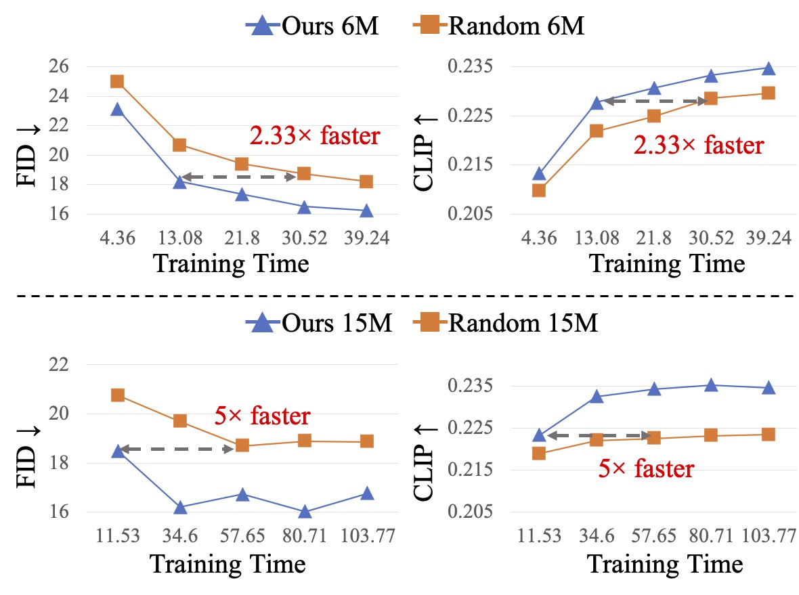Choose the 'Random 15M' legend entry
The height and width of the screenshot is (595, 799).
point(505,324)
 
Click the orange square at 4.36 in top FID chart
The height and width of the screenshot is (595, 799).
point(117,82)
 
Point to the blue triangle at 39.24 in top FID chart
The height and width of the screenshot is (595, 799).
point(366,211)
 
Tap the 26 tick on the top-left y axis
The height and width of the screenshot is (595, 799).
point(60,67)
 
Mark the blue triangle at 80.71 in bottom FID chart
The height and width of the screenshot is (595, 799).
point(304,512)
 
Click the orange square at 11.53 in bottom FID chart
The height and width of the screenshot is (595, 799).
point(118,395)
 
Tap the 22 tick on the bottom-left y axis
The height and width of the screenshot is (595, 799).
point(60,365)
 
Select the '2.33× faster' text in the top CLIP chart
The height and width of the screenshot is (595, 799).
point(699,144)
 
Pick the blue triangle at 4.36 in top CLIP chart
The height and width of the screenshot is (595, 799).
point(539,174)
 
